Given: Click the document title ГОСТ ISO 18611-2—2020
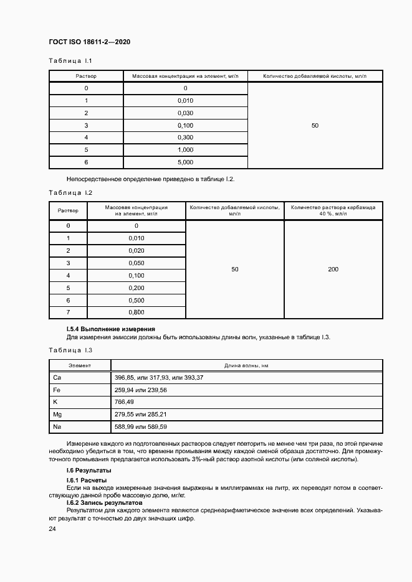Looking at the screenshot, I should (x=89, y=42).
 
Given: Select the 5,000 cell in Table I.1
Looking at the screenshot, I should (x=185, y=162).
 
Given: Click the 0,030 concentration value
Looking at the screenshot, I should (x=185, y=113).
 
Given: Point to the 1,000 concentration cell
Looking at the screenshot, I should (x=185, y=150).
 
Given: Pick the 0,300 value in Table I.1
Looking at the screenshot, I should (x=185, y=138).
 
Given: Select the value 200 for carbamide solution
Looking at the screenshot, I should (x=333, y=269).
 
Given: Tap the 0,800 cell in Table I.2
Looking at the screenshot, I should (x=136, y=312).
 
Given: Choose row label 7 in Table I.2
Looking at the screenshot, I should (x=68, y=312).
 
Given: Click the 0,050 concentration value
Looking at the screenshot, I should (x=136, y=263).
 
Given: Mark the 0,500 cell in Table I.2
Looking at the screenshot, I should (x=136, y=299).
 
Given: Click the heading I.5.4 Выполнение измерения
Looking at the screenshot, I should (x=110, y=329).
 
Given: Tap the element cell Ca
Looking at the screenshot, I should (x=57, y=378).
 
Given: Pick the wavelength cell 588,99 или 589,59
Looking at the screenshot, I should (x=141, y=427).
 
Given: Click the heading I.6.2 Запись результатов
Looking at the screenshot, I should (x=105, y=502).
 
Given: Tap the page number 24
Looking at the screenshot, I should (x=52, y=528).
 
